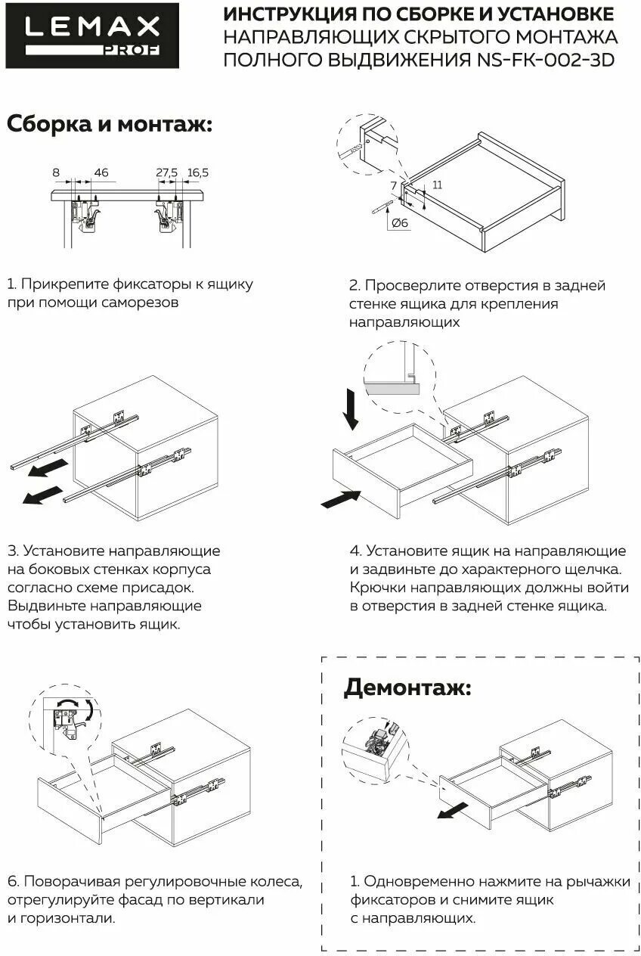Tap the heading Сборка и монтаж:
click(x=110, y=124)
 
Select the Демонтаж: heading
click(x=407, y=688)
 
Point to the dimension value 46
click(x=101, y=173)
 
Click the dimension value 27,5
click(x=166, y=173)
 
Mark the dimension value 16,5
click(x=197, y=173)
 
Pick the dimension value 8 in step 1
click(x=56, y=173)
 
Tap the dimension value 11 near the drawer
click(x=437, y=185)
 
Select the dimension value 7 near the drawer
click(x=393, y=185)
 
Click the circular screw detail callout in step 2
click(x=364, y=144)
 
